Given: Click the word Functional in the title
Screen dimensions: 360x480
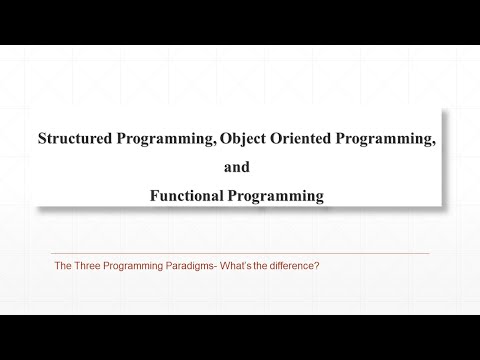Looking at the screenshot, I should click(x=193, y=196).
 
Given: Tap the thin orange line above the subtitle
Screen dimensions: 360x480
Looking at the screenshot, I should click(x=240, y=253).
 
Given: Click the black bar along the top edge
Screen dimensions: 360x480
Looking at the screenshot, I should click(x=240, y=22).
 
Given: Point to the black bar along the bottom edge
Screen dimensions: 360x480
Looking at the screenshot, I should click(x=240, y=337).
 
